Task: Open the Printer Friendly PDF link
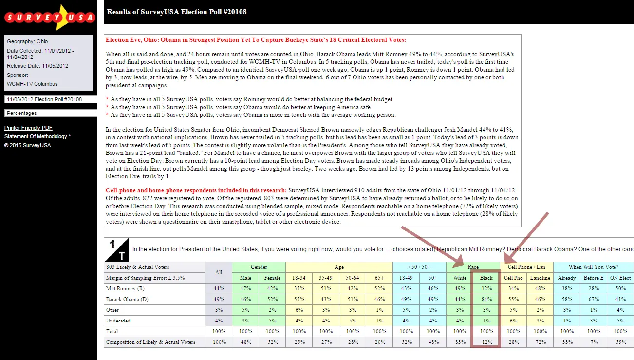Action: (28, 128)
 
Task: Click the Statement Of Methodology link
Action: (36, 136)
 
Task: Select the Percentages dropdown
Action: (50, 113)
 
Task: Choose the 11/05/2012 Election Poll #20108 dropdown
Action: (50, 99)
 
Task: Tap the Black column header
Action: (486, 278)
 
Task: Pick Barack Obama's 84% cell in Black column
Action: (486, 299)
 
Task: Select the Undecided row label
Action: (118, 321)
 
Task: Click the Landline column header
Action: (540, 278)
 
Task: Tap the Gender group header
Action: (259, 267)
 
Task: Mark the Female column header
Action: (272, 278)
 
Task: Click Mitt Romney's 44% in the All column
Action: (219, 288)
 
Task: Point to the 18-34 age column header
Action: (299, 278)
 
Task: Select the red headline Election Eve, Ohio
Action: (256, 40)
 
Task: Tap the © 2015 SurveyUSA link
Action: (27, 145)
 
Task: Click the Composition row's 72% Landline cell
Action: (540, 342)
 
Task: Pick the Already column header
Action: (567, 278)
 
